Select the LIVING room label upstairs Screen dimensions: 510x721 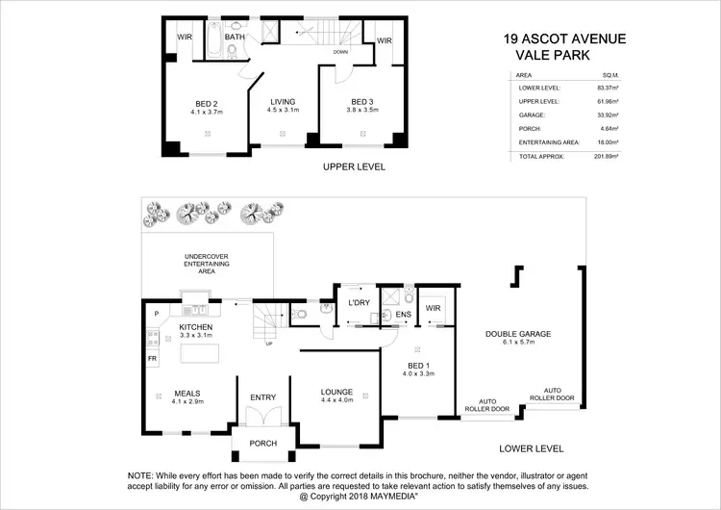(283, 102)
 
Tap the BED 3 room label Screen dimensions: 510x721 (361, 102)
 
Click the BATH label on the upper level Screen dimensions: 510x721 (235, 39)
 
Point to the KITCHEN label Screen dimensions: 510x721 (194, 327)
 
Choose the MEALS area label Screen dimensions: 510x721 (186, 393)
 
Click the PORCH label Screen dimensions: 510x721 (262, 444)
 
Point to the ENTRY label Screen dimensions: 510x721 (262, 397)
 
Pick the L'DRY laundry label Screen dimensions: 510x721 (359, 305)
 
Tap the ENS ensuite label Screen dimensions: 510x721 (403, 314)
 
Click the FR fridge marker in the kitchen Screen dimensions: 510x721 (153, 358)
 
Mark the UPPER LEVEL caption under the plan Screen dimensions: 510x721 (354, 166)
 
